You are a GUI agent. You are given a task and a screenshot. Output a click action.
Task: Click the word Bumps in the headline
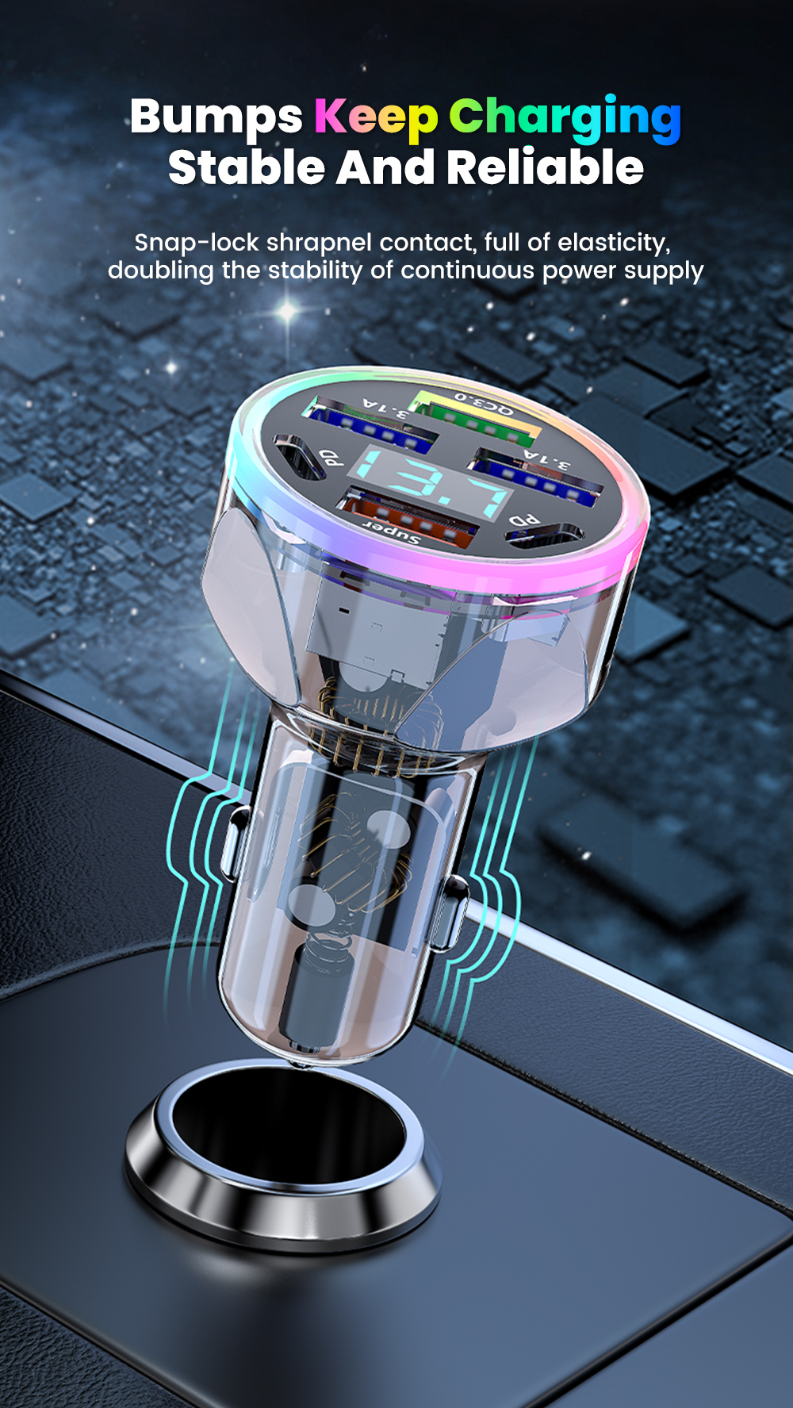pyautogui.click(x=216, y=117)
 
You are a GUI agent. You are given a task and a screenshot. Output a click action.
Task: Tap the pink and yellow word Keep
pyautogui.click(x=376, y=117)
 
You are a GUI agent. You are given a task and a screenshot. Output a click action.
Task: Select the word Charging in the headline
pyautogui.click(x=565, y=119)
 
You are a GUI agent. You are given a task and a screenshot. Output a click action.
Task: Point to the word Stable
pyautogui.click(x=247, y=167)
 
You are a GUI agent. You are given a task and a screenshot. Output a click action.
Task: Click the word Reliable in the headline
pyautogui.click(x=545, y=167)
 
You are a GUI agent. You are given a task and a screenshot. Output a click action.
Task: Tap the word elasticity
pyautogui.click(x=613, y=244)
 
